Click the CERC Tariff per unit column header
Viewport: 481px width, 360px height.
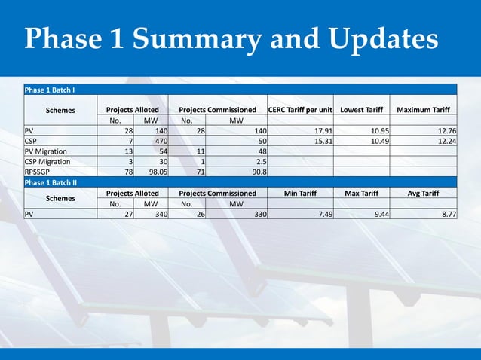(300, 110)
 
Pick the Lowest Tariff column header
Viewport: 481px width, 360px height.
(362, 110)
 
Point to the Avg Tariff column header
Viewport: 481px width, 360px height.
(423, 193)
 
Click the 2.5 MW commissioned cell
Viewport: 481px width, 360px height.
(260, 161)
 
